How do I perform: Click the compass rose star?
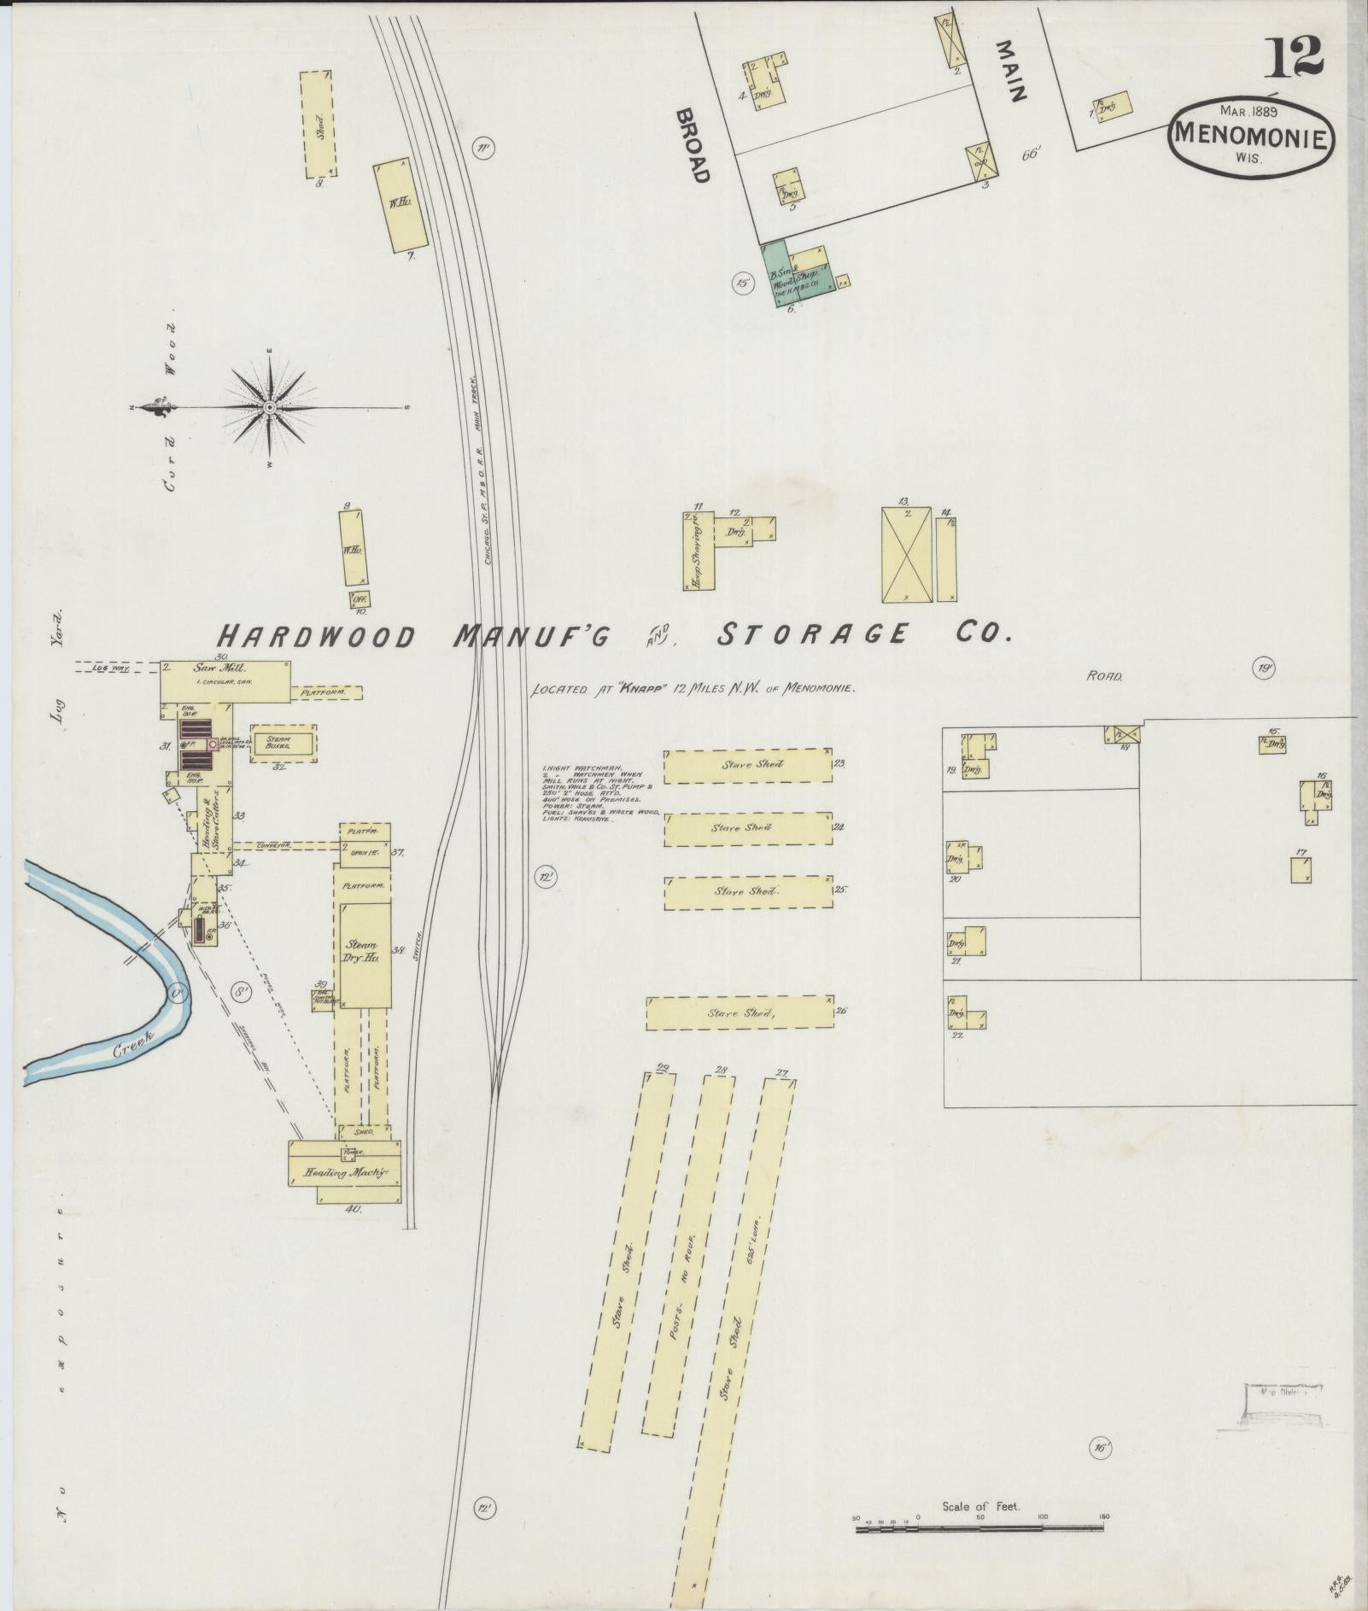click(270, 407)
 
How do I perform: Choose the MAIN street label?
click(1010, 71)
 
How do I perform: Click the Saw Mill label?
click(209, 668)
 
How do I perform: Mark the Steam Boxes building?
click(283, 744)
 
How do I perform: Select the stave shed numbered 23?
click(747, 766)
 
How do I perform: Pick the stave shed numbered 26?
click(740, 1013)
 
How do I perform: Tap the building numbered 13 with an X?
click(906, 555)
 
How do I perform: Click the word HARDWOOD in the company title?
click(316, 636)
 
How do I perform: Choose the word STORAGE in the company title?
click(812, 633)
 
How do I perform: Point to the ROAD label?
click(1104, 676)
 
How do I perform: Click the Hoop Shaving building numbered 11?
click(697, 552)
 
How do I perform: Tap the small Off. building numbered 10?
click(360, 599)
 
